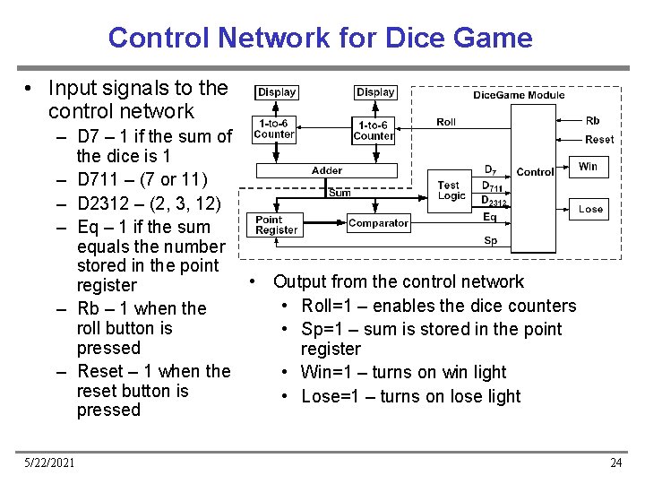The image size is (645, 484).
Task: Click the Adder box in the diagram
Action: point(327,170)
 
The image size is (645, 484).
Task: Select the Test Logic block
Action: point(451,191)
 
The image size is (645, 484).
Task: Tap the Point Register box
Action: point(276,224)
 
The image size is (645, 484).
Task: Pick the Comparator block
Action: point(378,223)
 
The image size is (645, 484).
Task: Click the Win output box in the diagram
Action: point(588,167)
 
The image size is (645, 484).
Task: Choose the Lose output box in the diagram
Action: point(590,209)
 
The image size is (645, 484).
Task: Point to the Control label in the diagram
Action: point(535,172)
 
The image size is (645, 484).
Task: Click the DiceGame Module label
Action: point(519,95)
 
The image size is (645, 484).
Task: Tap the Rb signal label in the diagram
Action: point(592,120)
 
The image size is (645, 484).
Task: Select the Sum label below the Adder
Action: point(340,193)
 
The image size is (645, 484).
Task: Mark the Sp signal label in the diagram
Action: point(490,240)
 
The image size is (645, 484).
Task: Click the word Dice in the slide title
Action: point(411,38)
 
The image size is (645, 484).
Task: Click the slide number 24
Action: point(615,462)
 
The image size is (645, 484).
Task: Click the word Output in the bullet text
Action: point(302,281)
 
